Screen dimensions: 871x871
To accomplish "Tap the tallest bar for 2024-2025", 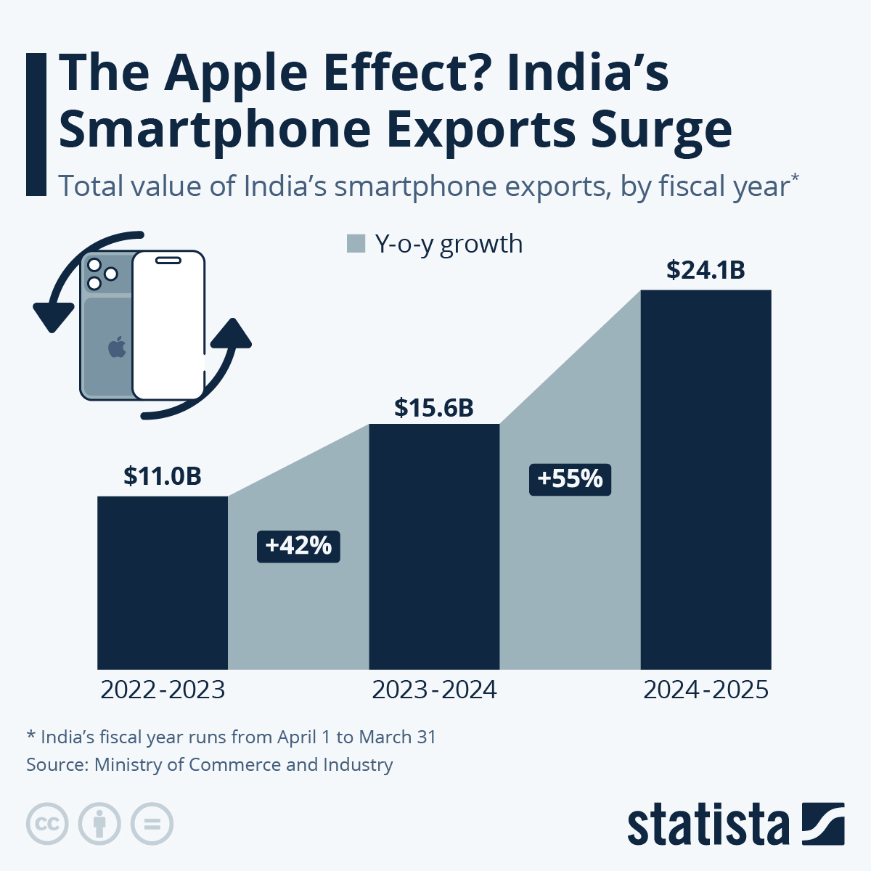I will tap(706, 479).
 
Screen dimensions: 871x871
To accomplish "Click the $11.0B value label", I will tap(162, 476).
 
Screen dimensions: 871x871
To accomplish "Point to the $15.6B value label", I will tap(434, 408).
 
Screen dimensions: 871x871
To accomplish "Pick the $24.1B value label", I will tap(706, 270).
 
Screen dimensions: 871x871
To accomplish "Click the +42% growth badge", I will tap(298, 546).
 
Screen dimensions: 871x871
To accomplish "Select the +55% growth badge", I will tap(570, 479).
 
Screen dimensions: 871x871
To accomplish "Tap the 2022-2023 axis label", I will tap(163, 690).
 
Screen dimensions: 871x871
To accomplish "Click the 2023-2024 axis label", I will tap(434, 690).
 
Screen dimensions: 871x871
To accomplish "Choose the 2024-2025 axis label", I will tap(706, 690).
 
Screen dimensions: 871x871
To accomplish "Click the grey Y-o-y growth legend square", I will tap(356, 244).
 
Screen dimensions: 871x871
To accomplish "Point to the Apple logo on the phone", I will tap(117, 347).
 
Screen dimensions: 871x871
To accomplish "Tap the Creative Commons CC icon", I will tap(47, 824).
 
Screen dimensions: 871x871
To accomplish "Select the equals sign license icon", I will tap(152, 824).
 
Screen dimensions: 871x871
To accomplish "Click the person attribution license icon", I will tap(99, 824).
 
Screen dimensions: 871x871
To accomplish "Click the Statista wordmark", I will tap(708, 825).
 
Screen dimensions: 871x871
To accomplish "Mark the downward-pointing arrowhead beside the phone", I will tap(53, 316).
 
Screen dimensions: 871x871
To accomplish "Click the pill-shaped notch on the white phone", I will tap(169, 259).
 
